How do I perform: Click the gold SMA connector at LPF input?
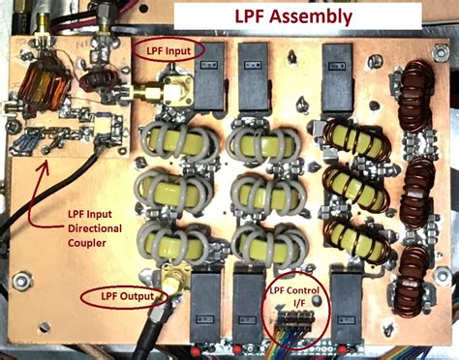[x=156, y=95]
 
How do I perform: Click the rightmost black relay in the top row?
[x=340, y=71]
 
